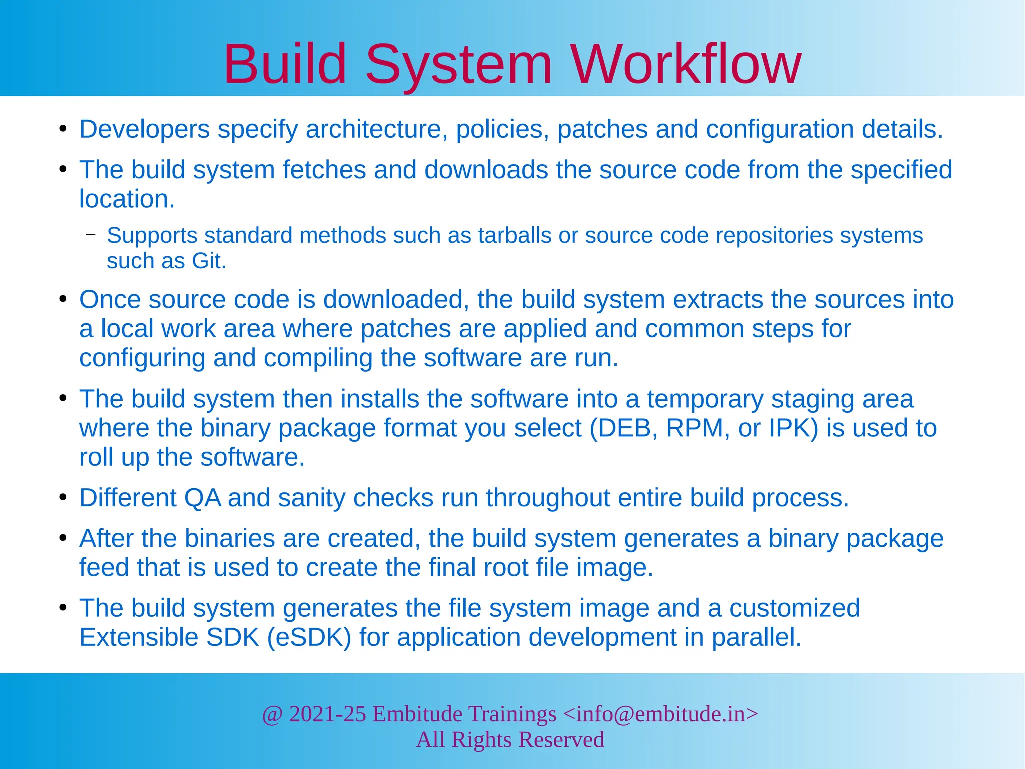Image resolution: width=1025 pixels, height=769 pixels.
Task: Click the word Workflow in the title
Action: (686, 64)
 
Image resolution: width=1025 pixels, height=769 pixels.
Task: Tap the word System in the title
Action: (458, 64)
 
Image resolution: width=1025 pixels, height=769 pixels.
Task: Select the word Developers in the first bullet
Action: (144, 129)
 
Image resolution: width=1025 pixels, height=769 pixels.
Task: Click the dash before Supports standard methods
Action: (91, 234)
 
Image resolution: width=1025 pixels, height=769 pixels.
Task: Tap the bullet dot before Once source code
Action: (63, 299)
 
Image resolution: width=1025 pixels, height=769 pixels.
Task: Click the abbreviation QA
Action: (202, 498)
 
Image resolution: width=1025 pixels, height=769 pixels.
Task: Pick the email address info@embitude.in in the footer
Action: (661, 714)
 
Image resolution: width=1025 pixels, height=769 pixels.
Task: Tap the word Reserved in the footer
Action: (561, 740)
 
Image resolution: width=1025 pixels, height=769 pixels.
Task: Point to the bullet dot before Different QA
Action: (63, 498)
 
